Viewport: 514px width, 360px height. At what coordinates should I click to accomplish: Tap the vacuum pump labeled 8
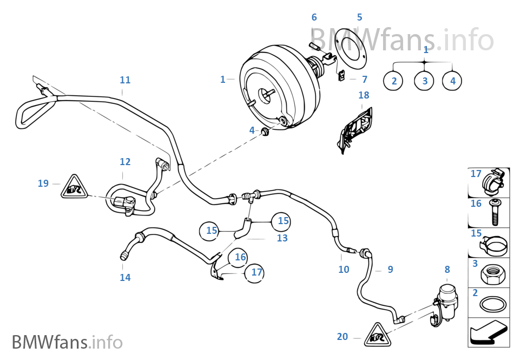447,300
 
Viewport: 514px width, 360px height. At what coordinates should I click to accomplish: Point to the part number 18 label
364,95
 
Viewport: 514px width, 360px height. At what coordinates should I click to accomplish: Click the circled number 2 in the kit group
394,81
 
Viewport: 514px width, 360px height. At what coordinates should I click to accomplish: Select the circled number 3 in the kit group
425,81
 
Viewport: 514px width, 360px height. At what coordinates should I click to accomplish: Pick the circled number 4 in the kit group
453,81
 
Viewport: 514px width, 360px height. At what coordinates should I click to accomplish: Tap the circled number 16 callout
240,258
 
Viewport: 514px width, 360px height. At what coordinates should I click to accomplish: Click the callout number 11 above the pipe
125,80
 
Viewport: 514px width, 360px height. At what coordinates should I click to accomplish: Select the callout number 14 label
125,278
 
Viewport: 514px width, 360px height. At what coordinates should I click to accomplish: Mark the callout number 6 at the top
314,18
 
